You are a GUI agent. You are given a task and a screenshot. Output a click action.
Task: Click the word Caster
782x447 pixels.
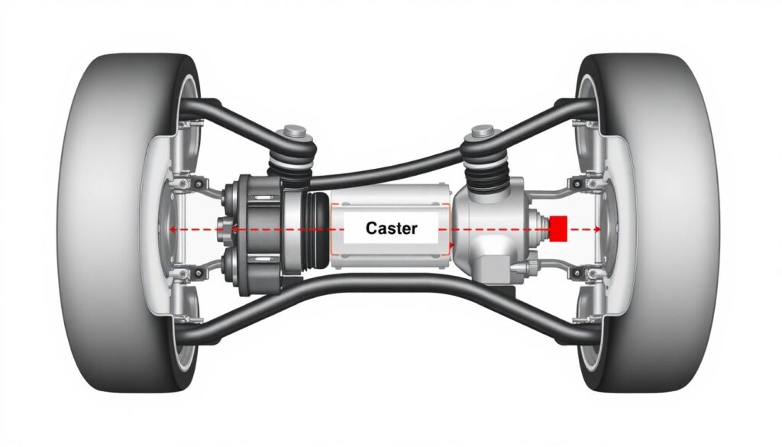click(391, 228)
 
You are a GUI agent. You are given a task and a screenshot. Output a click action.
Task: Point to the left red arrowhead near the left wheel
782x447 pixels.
click(173, 228)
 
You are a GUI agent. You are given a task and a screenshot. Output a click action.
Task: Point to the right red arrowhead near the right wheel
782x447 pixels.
click(600, 228)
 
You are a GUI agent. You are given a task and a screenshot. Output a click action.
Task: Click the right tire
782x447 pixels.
click(672, 222)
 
